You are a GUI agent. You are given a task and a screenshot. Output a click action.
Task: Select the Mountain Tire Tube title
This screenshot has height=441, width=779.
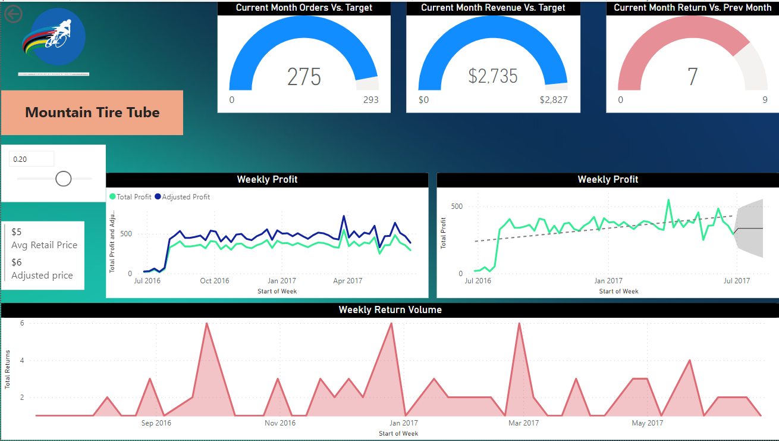coord(92,112)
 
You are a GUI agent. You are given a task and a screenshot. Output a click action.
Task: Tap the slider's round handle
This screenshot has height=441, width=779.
coord(63,179)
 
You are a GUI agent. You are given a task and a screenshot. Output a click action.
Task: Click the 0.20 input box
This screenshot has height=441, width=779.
coord(32,159)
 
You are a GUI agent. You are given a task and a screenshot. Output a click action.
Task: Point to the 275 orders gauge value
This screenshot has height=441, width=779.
coord(304,77)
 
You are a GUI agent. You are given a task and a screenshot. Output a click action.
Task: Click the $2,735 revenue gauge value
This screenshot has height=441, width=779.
coord(493,76)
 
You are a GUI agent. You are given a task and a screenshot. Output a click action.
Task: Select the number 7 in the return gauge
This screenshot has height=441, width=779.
coord(692,77)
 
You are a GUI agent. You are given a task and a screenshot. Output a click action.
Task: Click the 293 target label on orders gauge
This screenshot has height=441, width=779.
coord(370,100)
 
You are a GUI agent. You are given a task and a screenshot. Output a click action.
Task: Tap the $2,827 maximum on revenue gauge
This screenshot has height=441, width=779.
coord(554,100)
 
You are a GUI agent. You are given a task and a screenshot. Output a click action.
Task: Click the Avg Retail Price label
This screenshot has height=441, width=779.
coord(44,245)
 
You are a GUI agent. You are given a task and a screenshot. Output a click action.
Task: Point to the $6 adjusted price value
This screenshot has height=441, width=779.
coord(17,262)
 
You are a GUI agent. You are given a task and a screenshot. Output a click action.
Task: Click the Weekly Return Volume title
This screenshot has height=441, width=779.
coord(390,310)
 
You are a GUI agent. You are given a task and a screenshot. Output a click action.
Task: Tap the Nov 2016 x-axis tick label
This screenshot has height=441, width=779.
coord(280,423)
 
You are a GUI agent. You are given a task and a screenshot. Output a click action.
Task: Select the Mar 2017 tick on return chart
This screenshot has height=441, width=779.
coord(523,423)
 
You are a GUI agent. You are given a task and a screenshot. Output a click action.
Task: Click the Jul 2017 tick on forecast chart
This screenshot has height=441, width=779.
coord(737,281)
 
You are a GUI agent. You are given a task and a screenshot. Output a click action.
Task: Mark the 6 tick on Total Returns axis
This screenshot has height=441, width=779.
coord(22,323)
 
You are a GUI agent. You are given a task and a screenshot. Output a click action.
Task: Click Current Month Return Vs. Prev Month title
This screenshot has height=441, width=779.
coord(692,8)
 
